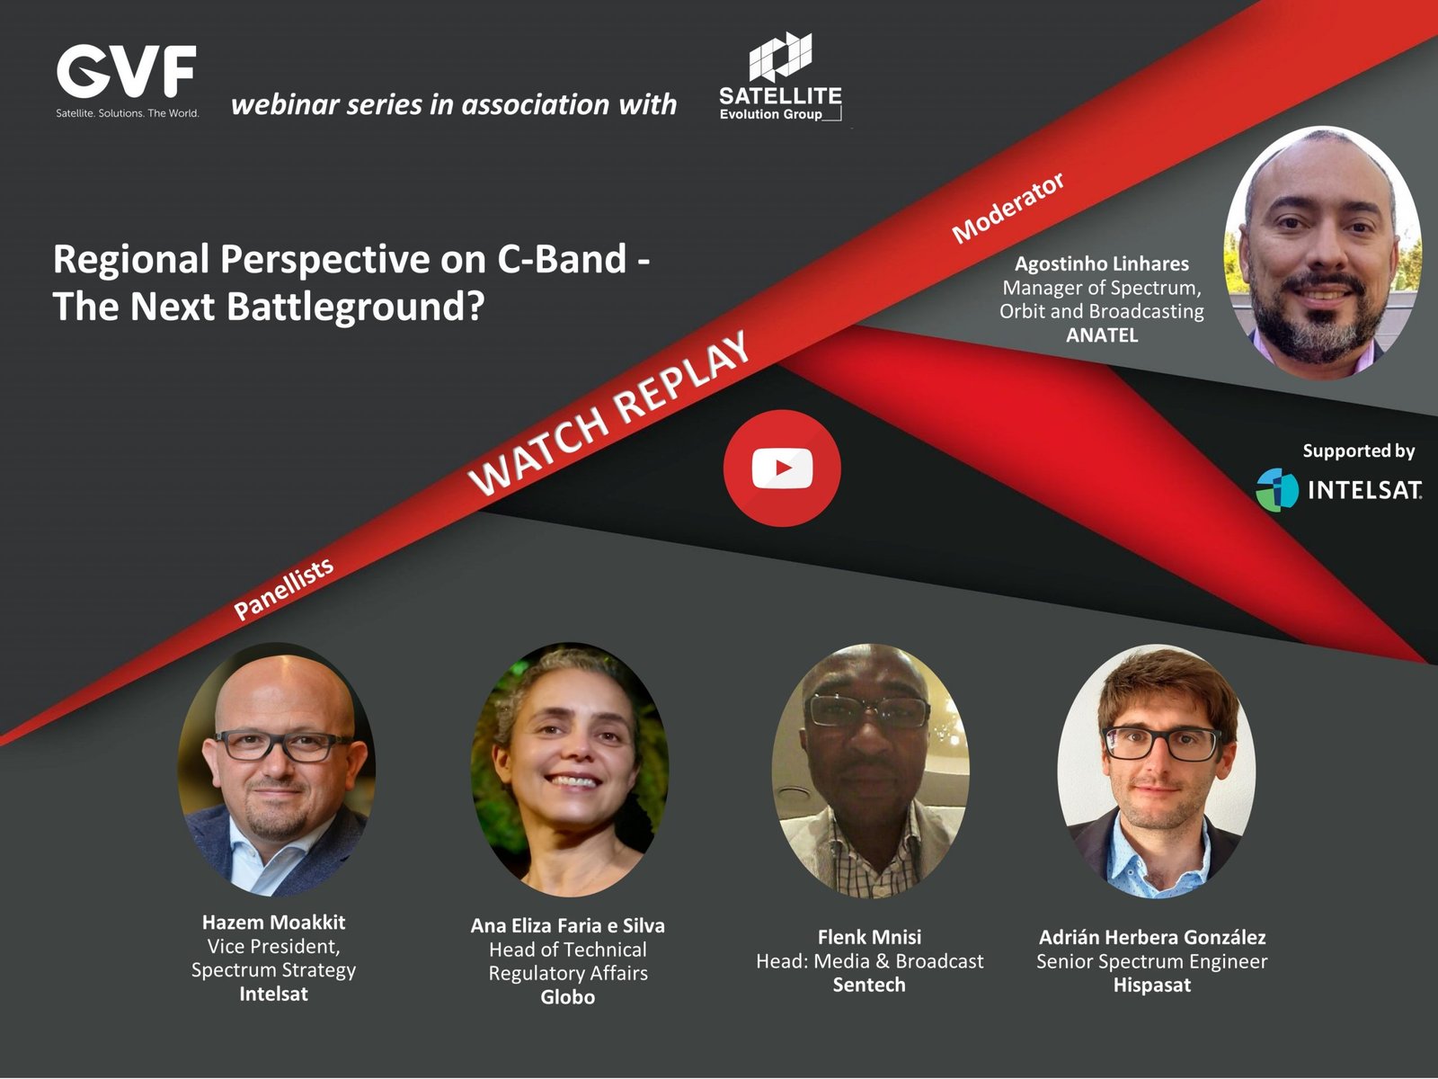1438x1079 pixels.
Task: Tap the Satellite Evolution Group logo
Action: [x=780, y=76]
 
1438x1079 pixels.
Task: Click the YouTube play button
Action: [x=782, y=468]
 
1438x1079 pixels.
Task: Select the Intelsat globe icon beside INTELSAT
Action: [x=1277, y=489]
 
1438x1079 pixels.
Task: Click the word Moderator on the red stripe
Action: [x=1007, y=208]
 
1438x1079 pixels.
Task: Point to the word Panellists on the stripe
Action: [x=284, y=589]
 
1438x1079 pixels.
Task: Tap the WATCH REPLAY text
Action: [x=608, y=412]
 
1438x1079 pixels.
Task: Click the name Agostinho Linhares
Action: [x=1101, y=263]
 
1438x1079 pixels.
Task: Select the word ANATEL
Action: [x=1102, y=334]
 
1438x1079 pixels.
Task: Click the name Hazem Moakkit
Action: [x=273, y=922]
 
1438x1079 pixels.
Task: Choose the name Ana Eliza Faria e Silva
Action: [x=567, y=925]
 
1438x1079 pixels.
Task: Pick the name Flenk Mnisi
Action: [x=869, y=937]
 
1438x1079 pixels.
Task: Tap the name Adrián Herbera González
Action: [x=1151, y=937]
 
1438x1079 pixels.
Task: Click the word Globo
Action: [x=567, y=996]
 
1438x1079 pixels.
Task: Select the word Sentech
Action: [x=869, y=984]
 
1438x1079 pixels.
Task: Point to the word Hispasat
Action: [x=1151, y=985]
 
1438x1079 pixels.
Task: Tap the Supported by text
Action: [x=1359, y=450]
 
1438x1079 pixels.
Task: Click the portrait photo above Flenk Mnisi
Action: [x=870, y=771]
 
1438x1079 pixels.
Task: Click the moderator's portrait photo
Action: [x=1322, y=253]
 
